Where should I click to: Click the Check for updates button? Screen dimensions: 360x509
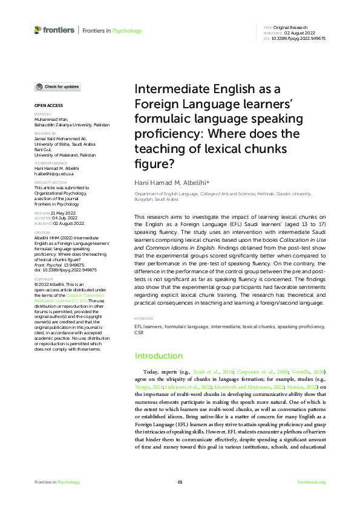57,86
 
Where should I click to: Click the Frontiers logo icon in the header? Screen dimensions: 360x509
38,29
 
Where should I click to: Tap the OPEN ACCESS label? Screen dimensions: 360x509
45,106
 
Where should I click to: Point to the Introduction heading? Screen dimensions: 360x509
158,355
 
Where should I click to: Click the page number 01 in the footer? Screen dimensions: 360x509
180,482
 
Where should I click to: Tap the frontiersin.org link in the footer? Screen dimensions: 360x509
312,482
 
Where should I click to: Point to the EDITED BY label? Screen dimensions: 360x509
42,114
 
